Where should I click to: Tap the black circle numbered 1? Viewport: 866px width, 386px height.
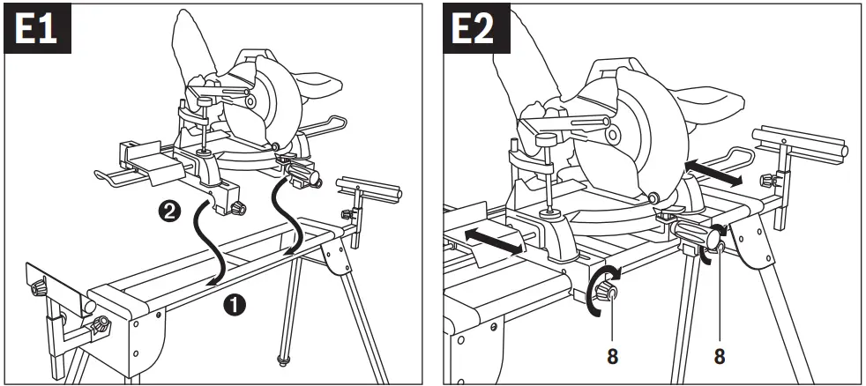click(234, 305)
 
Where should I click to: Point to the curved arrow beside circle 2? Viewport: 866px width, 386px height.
click(213, 242)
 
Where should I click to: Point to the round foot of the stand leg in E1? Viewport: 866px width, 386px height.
click(284, 360)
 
